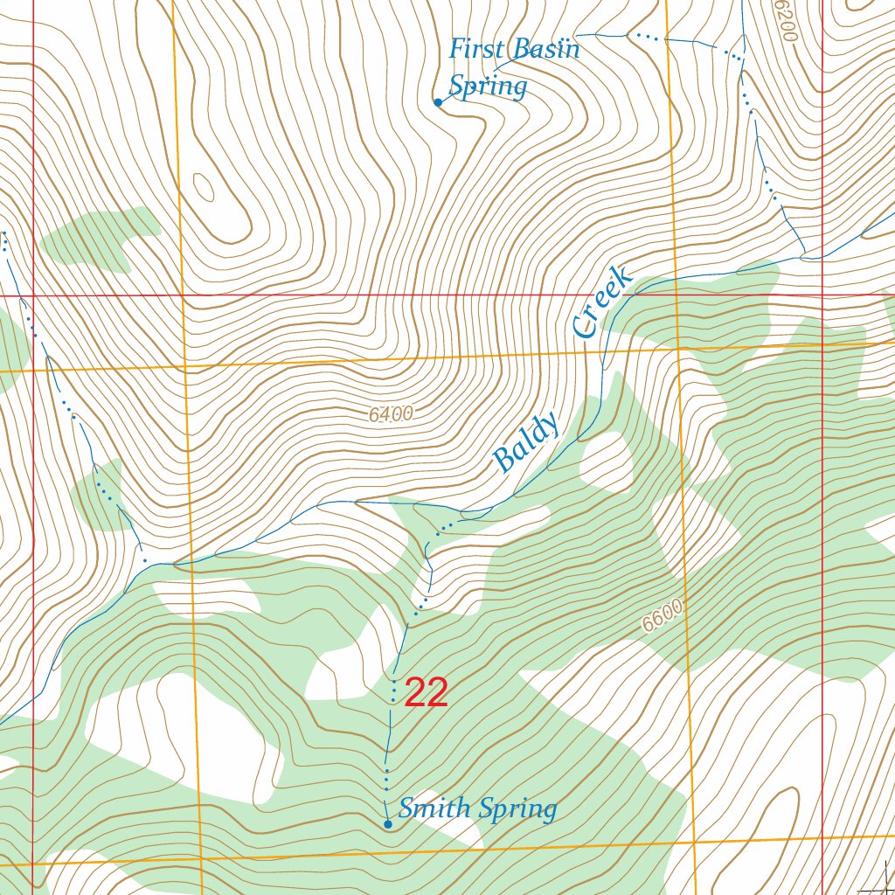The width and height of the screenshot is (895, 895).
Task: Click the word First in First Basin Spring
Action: pos(477,49)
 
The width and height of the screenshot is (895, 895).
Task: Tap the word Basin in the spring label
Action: pos(545,50)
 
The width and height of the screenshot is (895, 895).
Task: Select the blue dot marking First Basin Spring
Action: pos(438,102)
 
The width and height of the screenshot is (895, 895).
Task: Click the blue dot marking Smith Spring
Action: pos(388,823)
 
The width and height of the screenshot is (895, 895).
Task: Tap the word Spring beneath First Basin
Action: pos(488,87)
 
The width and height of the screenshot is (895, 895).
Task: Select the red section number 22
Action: pos(427,693)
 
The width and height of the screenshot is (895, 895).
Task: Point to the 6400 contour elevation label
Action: pos(390,415)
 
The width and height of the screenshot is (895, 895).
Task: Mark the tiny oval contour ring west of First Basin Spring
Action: pos(203,186)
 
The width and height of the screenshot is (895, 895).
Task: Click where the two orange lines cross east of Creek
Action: pos(679,348)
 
